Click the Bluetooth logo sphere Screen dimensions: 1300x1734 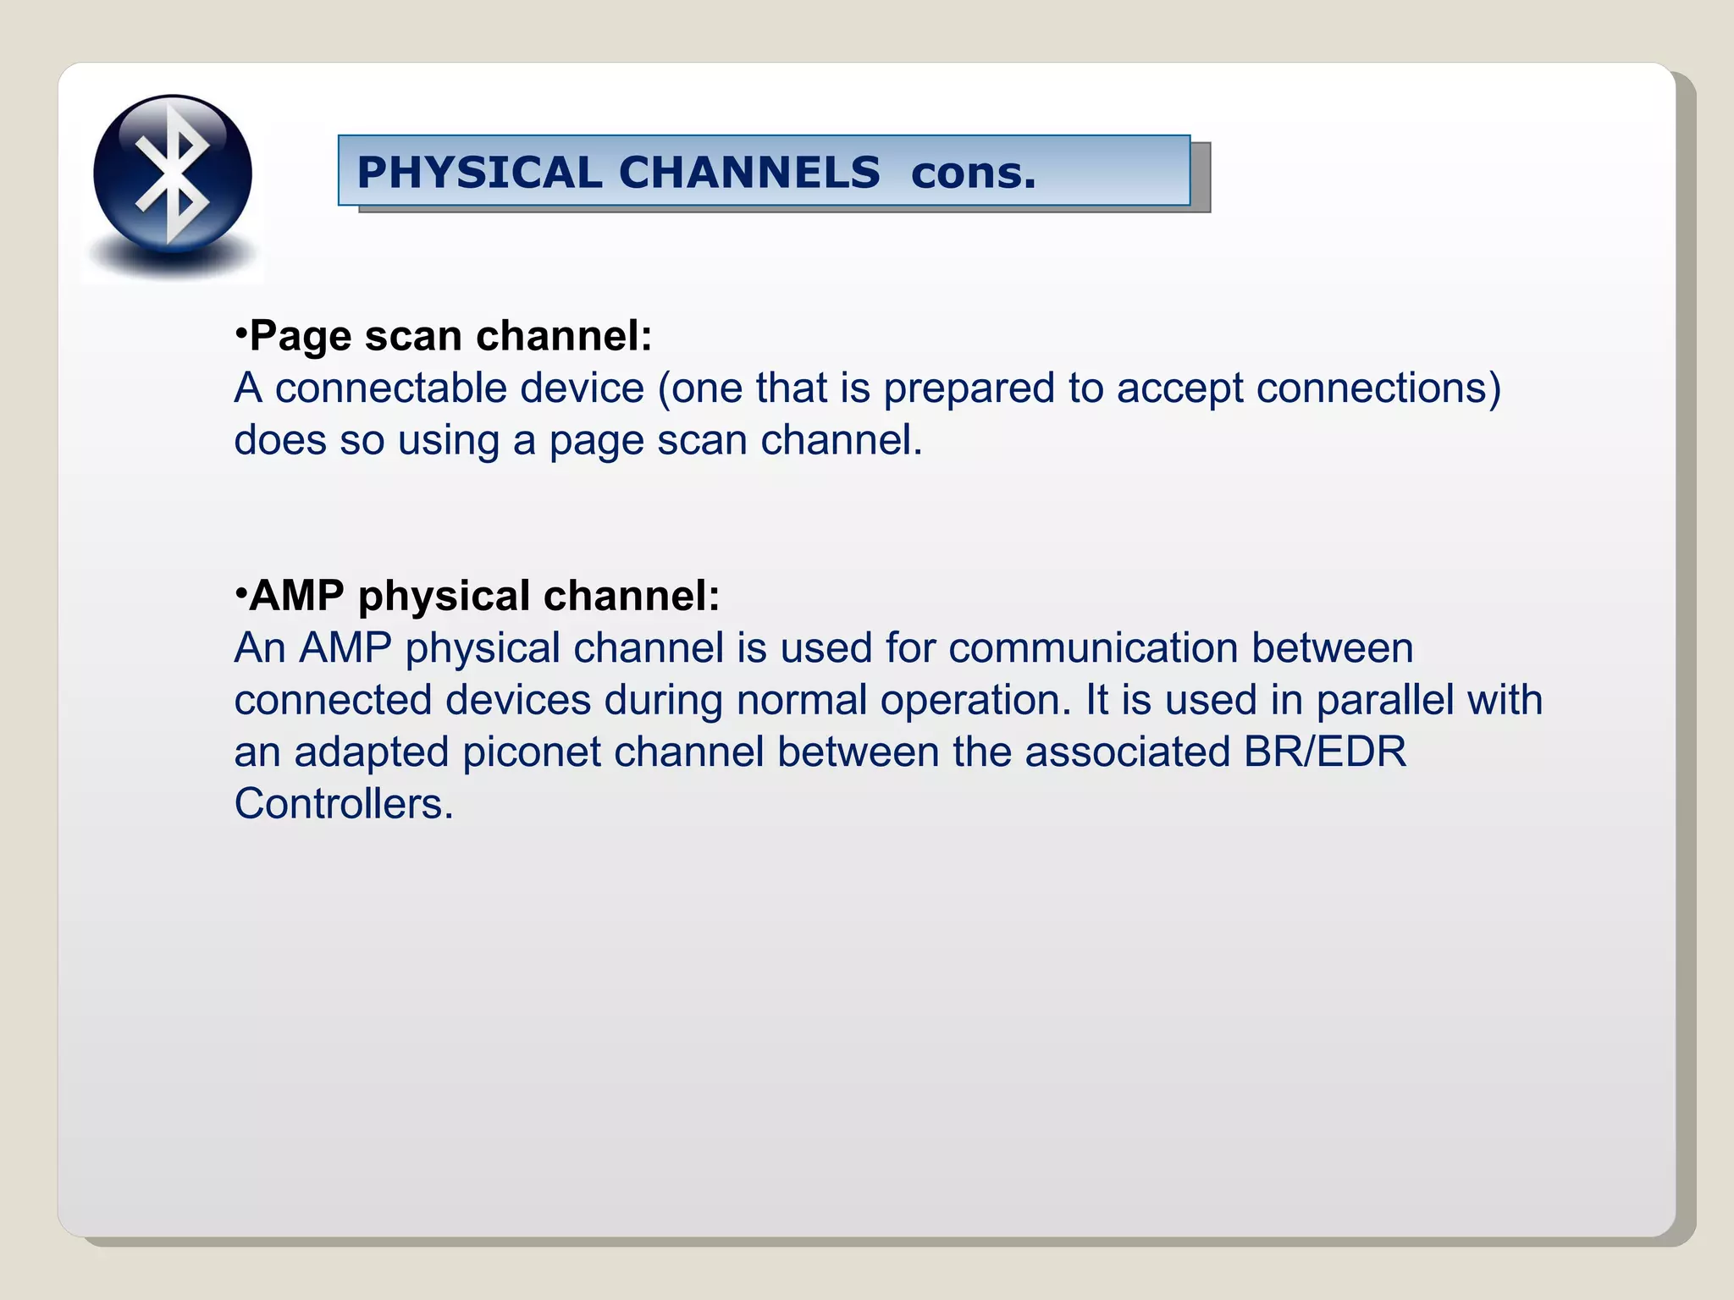tap(173, 174)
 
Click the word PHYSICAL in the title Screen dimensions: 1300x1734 tap(479, 173)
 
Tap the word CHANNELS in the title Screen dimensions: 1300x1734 tap(749, 173)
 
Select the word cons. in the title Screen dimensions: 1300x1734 tap(973, 173)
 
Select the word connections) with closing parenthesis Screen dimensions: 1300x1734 tap(1378, 388)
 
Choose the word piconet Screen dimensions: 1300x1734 tap(532, 752)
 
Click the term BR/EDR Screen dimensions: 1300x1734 tap(1324, 752)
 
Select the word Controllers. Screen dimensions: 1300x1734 tap(343, 804)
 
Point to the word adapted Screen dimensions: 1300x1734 tap(371, 752)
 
